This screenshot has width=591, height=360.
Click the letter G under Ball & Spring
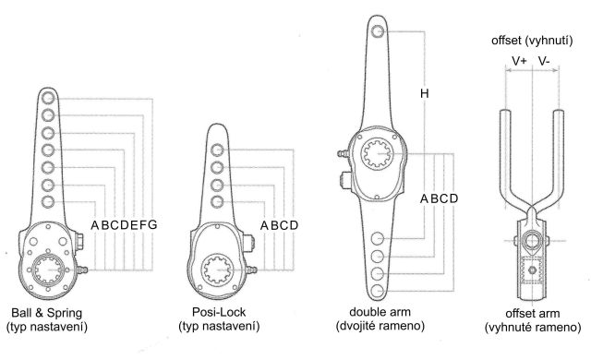pos(151,225)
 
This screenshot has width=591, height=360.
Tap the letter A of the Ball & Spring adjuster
pos(95,225)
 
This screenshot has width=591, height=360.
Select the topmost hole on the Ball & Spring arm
pos(48,98)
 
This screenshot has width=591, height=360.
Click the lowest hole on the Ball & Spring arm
pos(48,202)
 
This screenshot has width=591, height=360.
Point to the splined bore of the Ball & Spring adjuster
pos(48,270)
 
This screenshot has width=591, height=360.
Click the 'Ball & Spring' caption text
pos(47,313)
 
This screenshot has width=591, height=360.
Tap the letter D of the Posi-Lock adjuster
pos(294,225)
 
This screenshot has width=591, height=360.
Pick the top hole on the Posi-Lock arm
pos(217,150)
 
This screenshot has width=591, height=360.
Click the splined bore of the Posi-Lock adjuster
pos(217,270)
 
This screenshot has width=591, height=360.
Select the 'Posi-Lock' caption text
pos(219,312)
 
